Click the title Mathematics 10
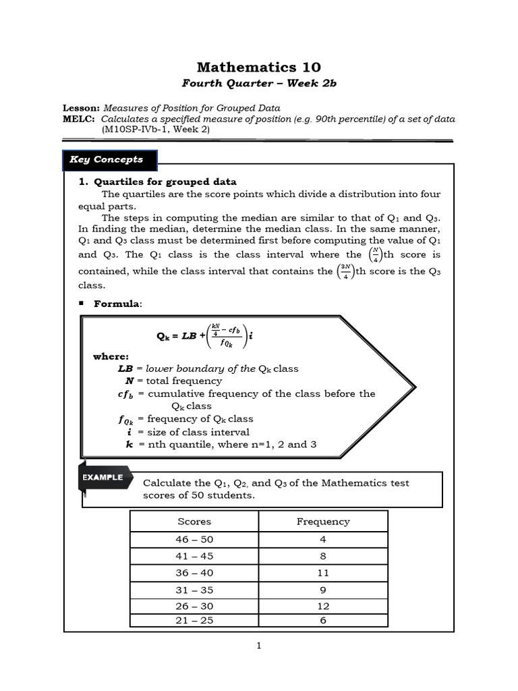(x=259, y=67)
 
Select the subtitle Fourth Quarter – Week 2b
(x=259, y=83)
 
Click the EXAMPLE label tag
(x=103, y=477)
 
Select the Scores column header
(x=194, y=522)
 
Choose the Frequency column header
(x=323, y=522)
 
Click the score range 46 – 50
(x=194, y=539)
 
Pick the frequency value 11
(x=323, y=573)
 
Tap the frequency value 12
(x=323, y=606)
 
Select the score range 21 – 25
(x=194, y=620)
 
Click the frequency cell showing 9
(x=323, y=590)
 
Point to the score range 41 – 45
(x=194, y=556)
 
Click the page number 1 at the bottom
(x=258, y=646)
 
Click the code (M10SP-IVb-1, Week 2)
(x=156, y=130)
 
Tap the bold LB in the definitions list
(x=125, y=368)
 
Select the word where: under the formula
(x=111, y=356)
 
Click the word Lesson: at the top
(x=81, y=108)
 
